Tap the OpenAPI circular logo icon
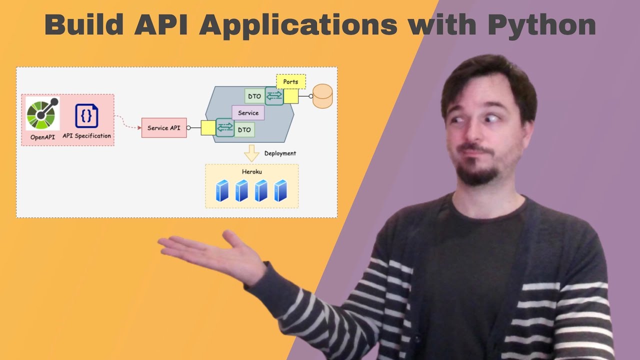pyautogui.click(x=42, y=113)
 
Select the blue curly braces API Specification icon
pyautogui.click(x=86, y=116)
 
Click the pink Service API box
pyautogui.click(x=164, y=128)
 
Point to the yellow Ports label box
pyautogui.click(x=290, y=81)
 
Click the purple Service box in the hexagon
pyautogui.click(x=248, y=112)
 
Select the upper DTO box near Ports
pyautogui.click(x=254, y=96)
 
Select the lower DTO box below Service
pyautogui.click(x=244, y=129)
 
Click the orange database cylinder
pyautogui.click(x=322, y=96)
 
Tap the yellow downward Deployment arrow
pyautogui.click(x=251, y=153)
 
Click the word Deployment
pyautogui.click(x=280, y=153)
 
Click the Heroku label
pyautogui.click(x=252, y=171)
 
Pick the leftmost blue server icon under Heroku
pyautogui.click(x=222, y=190)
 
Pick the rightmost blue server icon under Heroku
pyautogui.click(x=280, y=190)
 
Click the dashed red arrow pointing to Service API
pyautogui.click(x=127, y=123)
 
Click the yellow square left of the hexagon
pyautogui.click(x=208, y=128)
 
